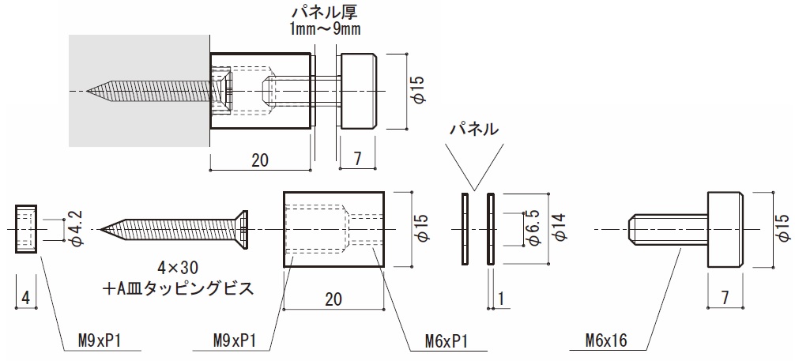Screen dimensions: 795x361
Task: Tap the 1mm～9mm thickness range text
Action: click(325, 29)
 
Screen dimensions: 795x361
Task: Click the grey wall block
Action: click(139, 91)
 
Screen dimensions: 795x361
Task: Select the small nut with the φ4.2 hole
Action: click(26, 228)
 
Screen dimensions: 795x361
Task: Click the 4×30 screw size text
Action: click(178, 267)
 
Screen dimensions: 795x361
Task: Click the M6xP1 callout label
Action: click(446, 341)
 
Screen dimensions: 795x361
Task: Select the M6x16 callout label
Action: click(606, 340)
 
